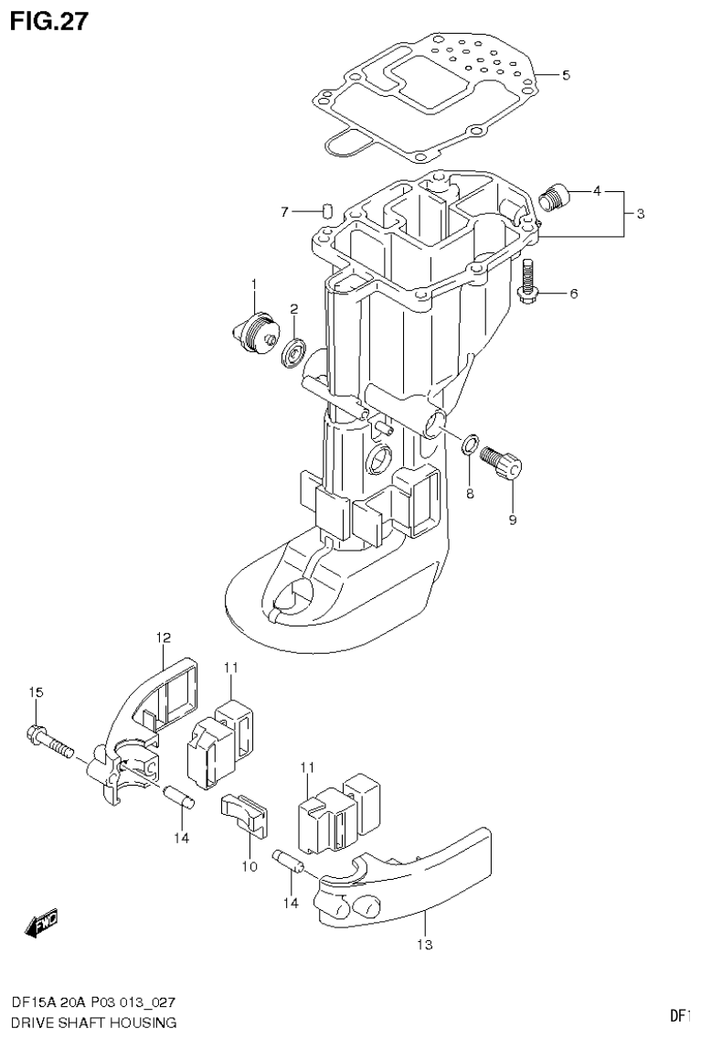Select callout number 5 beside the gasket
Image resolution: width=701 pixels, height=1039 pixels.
point(566,74)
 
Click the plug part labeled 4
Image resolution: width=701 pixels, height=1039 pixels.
point(555,197)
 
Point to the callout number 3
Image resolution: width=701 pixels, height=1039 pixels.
point(641,213)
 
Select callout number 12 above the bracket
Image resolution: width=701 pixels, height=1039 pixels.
point(163,636)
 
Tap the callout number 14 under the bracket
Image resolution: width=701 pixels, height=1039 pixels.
point(181,837)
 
